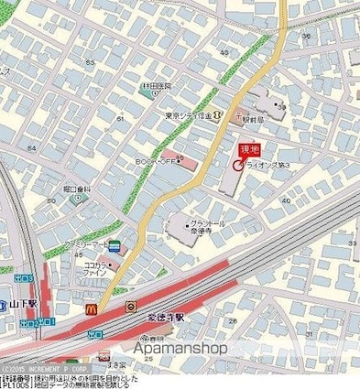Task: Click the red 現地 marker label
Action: (248, 148)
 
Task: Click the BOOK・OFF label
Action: (152, 162)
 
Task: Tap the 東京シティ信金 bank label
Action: (188, 115)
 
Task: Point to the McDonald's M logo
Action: (92, 311)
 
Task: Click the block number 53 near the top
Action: (91, 62)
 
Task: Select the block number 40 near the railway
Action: (287, 200)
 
